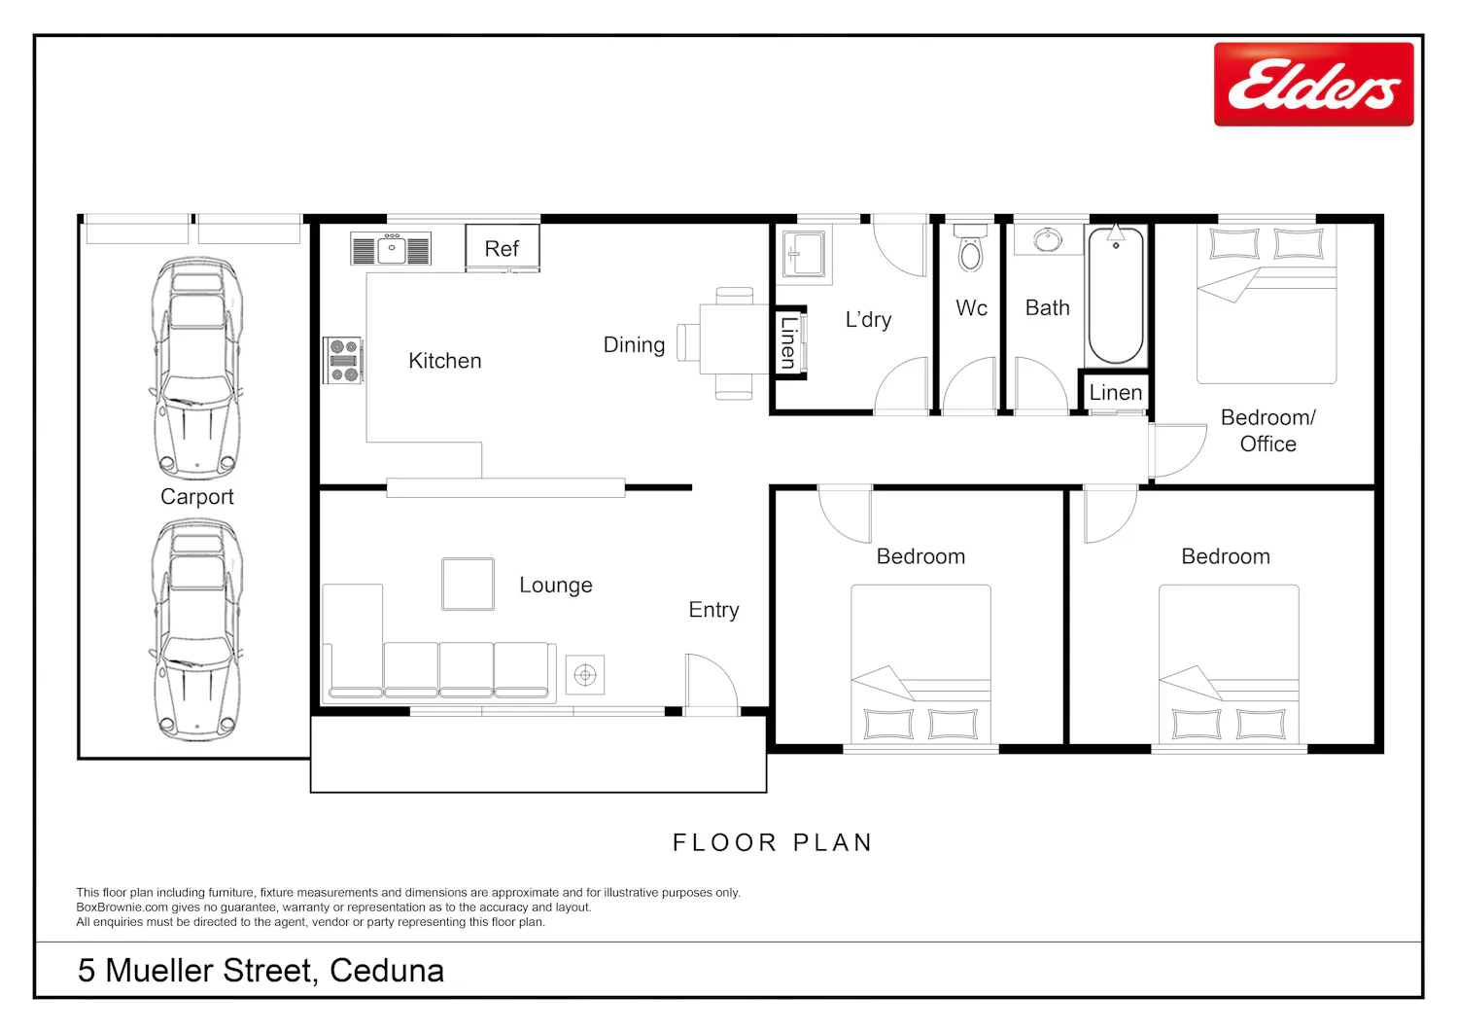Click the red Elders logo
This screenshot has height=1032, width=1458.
point(1313,84)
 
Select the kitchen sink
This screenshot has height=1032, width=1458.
point(391,249)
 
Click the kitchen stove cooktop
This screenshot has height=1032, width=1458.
point(343,360)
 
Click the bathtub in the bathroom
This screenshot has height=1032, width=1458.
point(1116,295)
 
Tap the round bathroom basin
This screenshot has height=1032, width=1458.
point(1047,239)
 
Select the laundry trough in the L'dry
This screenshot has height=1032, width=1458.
point(803,254)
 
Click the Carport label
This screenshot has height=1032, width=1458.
point(196,497)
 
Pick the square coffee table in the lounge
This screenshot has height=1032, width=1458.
point(468,584)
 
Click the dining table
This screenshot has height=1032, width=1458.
point(734,338)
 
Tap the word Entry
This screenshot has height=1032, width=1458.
point(713,610)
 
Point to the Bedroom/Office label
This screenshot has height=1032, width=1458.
point(1267,431)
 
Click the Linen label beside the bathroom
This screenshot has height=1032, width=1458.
point(1116,392)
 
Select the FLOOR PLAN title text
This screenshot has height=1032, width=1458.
point(773,842)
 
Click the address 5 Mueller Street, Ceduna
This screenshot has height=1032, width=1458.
point(261,970)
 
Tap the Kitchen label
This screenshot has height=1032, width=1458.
point(445,360)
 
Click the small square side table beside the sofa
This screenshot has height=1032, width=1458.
point(584,674)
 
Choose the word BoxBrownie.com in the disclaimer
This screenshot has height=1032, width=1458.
point(121,907)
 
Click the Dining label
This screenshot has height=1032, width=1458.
point(634,345)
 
